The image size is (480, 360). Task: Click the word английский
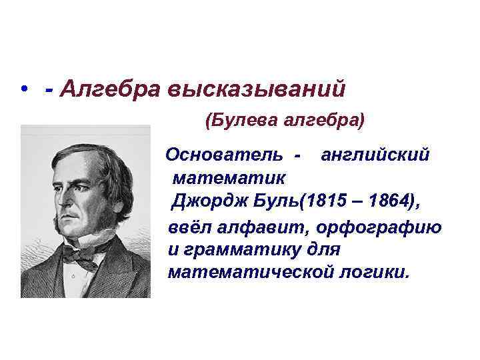click(375, 155)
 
